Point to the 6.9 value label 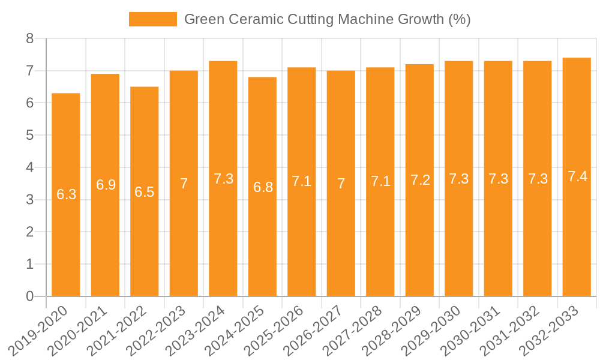point(106,185)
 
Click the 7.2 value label point(420,180)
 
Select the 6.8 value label point(263,187)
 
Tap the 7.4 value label point(577,177)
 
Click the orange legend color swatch point(153,19)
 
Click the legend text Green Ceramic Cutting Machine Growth point(327,19)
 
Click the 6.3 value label point(66,194)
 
